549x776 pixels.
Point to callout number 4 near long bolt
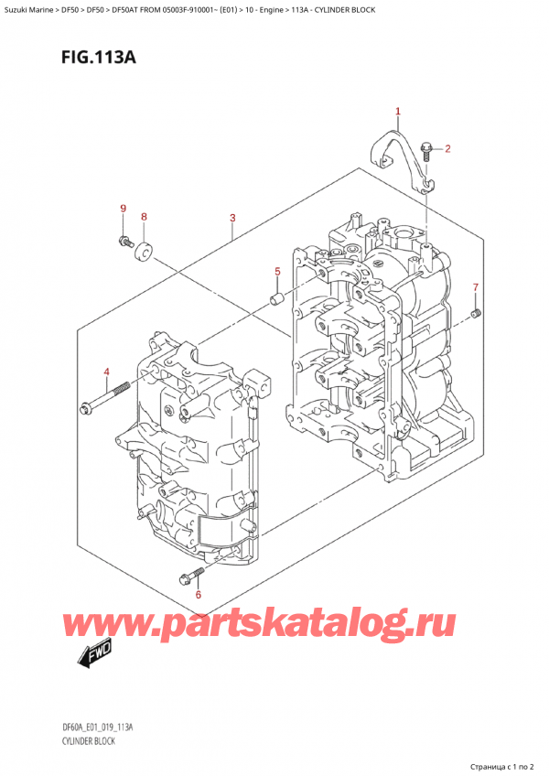106,372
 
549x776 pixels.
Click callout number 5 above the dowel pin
277,272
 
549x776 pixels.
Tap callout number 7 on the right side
475,288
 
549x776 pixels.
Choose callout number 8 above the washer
144,217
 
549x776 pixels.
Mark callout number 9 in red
123,210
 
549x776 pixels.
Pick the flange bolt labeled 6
188,577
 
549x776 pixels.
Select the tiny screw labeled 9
124,242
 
